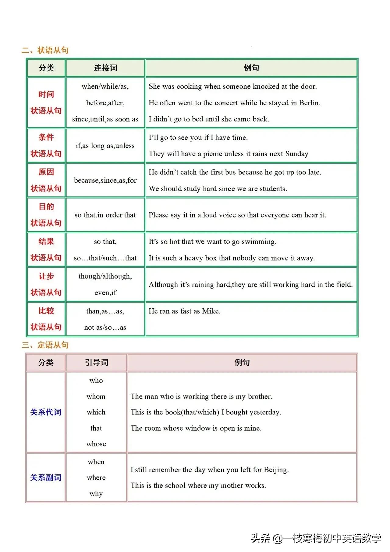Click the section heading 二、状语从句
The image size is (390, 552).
click(45, 50)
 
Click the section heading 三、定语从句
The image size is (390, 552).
click(45, 345)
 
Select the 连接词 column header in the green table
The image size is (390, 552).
click(105, 68)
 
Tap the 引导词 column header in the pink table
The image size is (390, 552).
click(96, 362)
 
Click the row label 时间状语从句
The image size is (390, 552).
click(46, 102)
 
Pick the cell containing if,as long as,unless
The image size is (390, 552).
click(105, 146)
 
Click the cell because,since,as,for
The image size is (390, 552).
click(105, 180)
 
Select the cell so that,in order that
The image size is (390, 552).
click(105, 215)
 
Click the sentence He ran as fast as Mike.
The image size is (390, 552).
click(184, 311)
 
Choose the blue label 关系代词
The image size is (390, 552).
click(46, 412)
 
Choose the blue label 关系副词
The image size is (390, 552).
click(46, 477)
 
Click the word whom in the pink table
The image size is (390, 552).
click(96, 396)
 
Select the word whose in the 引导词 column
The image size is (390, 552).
click(96, 444)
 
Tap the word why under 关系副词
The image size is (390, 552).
click(96, 493)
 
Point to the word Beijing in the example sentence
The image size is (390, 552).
click(276, 470)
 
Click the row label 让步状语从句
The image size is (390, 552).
click(46, 284)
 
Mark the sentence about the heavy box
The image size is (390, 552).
click(232, 258)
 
